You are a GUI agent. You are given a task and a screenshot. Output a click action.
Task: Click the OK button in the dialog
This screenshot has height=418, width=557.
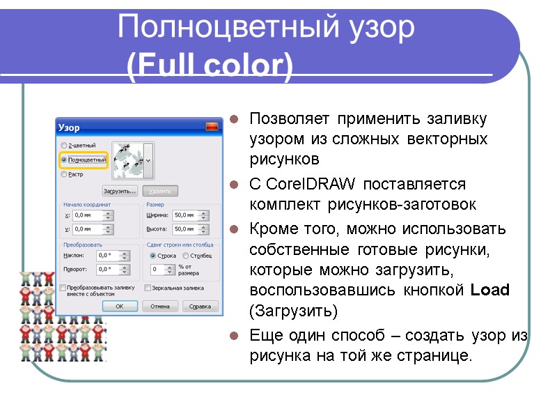120,306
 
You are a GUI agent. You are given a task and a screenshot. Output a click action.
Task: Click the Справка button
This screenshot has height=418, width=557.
200,306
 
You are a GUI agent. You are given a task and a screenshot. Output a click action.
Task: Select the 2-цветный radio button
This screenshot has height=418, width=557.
65,145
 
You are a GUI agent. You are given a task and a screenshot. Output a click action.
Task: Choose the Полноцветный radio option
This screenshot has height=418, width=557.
65,160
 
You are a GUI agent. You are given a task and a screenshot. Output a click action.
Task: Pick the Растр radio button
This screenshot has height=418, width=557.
65,175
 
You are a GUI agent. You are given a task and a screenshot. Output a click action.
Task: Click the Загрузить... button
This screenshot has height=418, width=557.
119,190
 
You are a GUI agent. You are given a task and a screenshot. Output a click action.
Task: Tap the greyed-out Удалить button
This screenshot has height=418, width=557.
160,190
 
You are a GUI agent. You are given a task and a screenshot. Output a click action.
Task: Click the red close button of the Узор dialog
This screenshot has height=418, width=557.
212,127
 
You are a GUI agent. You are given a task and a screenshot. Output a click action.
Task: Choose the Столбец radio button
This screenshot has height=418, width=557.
186,256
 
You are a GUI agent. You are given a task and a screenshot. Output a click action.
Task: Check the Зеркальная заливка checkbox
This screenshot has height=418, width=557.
148,287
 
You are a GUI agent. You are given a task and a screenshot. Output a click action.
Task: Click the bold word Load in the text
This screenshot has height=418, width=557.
490,291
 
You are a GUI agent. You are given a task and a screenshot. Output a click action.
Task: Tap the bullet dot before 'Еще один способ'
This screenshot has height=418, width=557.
235,336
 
